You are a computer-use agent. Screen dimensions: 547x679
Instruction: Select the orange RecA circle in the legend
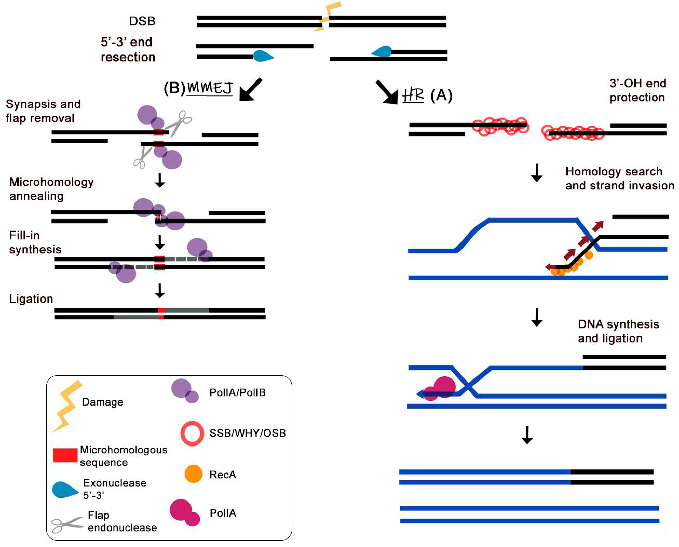(193, 474)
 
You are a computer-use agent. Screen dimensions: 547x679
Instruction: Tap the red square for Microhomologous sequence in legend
(65, 455)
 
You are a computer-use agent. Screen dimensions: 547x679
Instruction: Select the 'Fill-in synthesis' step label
(35, 242)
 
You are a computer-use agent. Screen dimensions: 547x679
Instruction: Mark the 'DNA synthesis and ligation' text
(618, 331)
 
